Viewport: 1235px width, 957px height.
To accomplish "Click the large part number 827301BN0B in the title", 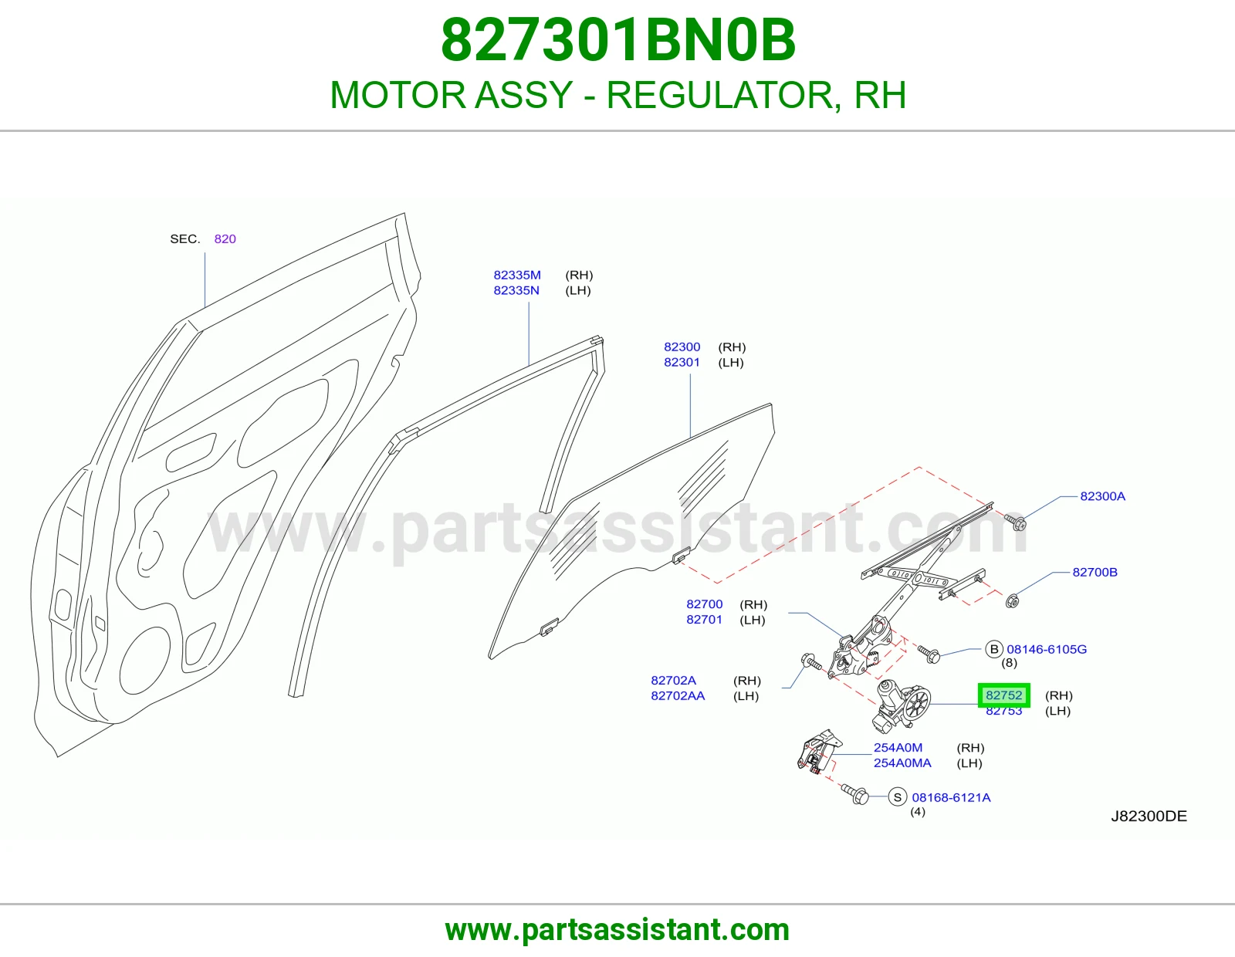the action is pyautogui.click(x=617, y=40).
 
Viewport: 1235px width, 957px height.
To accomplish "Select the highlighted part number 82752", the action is pyautogui.click(x=1003, y=695).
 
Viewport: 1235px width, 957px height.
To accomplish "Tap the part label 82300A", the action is pyautogui.click(x=1102, y=496).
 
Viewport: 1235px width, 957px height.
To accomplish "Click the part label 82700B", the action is pyautogui.click(x=1095, y=572).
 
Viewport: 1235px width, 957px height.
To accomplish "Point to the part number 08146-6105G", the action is pyautogui.click(x=1047, y=649).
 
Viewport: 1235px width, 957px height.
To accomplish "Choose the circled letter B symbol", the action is pyautogui.click(x=994, y=649).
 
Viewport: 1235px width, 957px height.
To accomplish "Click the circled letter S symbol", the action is pyautogui.click(x=898, y=797).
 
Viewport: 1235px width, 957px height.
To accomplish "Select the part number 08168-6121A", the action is pyautogui.click(x=951, y=797).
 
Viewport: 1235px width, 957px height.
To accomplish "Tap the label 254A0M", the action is pyautogui.click(x=898, y=747).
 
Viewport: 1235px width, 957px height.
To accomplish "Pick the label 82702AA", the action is pyautogui.click(x=678, y=695).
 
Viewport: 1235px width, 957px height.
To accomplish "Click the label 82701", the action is pyautogui.click(x=704, y=620).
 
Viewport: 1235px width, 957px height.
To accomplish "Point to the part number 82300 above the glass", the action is pyautogui.click(x=682, y=347).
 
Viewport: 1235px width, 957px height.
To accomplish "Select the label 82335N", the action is pyautogui.click(x=516, y=290).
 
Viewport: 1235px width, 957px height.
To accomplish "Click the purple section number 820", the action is pyautogui.click(x=225, y=238).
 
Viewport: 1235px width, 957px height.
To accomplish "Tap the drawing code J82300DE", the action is pyautogui.click(x=1149, y=816).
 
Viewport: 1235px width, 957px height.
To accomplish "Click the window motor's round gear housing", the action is pyautogui.click(x=915, y=704).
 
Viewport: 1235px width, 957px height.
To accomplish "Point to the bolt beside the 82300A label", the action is pyautogui.click(x=1014, y=522).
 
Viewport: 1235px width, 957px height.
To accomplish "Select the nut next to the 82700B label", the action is pyautogui.click(x=1012, y=600).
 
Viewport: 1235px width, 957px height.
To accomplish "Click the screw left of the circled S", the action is pyautogui.click(x=855, y=793).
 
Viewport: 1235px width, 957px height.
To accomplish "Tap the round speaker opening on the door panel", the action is pyautogui.click(x=145, y=661).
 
